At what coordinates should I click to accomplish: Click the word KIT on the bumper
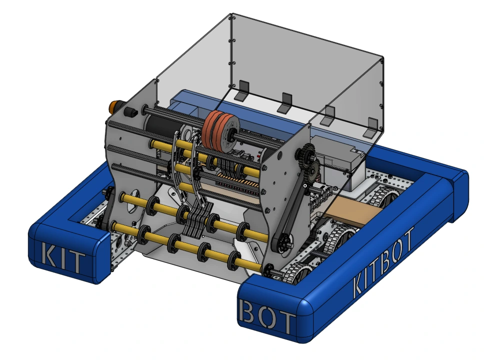coord(63,258)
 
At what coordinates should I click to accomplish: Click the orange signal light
coord(114,106)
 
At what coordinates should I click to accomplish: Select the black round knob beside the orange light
coord(130,112)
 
